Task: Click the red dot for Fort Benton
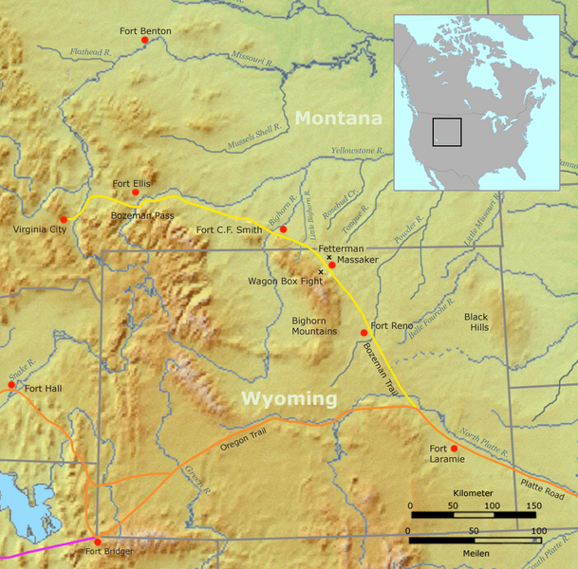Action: [x=144, y=42]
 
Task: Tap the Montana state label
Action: [x=337, y=118]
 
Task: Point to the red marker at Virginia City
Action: [x=64, y=220]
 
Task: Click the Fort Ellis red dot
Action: [x=135, y=193]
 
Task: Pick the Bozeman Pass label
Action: [x=143, y=217]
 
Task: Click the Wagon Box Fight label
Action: [x=282, y=282]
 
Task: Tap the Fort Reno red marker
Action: [x=364, y=333]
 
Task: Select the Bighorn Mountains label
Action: [x=314, y=325]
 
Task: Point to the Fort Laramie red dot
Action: [x=454, y=448]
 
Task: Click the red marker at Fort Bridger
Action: [x=97, y=541]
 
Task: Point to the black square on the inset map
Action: [x=446, y=132]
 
